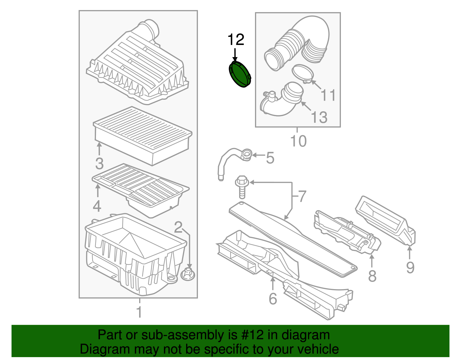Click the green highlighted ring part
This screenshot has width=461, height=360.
[x=240, y=74]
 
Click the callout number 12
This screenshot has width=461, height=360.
[x=236, y=40]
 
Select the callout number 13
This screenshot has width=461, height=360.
[x=319, y=117]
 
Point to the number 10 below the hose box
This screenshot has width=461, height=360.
[x=298, y=141]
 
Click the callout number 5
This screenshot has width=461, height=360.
[x=270, y=158]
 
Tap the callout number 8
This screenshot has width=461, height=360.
[x=372, y=276]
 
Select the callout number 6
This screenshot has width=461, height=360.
[x=273, y=299]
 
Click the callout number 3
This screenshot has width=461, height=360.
[x=99, y=163]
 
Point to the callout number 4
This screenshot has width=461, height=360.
[x=97, y=206]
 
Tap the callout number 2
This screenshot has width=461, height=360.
[x=178, y=227]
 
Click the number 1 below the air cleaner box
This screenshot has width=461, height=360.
[x=139, y=312]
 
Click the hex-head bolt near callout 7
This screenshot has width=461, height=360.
[x=242, y=187]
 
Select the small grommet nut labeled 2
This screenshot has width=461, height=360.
[x=188, y=274]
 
